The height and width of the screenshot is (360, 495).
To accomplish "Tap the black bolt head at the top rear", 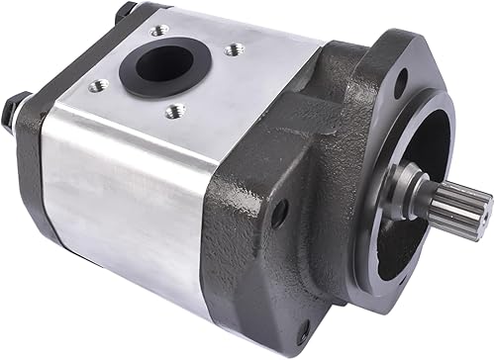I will pyautogui.click(x=126, y=12).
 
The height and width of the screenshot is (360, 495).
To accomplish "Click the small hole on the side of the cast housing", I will pyautogui.click(x=281, y=209).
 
